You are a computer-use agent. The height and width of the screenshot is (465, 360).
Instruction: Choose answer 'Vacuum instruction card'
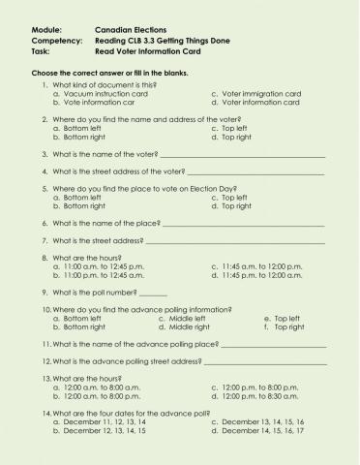105,94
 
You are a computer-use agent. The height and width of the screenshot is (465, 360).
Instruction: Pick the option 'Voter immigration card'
261,94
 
